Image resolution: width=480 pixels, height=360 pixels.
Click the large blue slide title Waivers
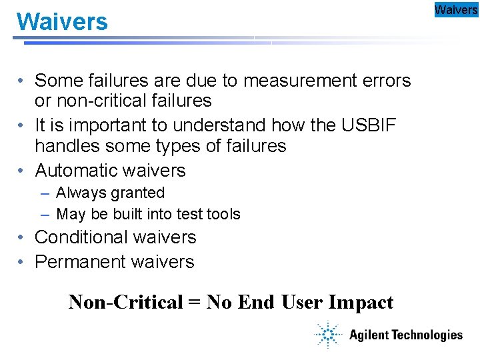pyautogui.click(x=62, y=22)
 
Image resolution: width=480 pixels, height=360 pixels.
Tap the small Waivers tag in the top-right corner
pyautogui.click(x=456, y=9)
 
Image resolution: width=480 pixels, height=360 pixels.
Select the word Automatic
pyautogui.click(x=75, y=170)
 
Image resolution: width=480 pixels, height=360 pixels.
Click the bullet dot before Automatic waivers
pyautogui.click(x=22, y=171)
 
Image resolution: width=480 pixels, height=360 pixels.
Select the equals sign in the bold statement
pyautogui.click(x=194, y=303)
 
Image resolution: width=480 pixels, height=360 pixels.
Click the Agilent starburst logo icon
pyautogui.click(x=328, y=334)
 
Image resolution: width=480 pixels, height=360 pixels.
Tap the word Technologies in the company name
pyautogui.click(x=426, y=335)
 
